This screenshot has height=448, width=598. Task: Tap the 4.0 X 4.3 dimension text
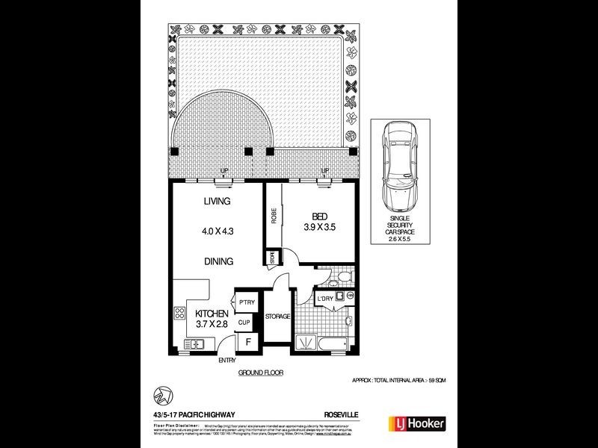point(218,231)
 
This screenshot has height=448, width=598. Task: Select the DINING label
point(218,261)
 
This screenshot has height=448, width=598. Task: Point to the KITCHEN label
point(212,314)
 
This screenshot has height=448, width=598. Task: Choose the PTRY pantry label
point(247,302)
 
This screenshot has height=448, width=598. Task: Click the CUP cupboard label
point(244,323)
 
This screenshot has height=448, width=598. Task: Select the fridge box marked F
point(247,343)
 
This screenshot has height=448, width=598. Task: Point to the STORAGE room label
point(277,317)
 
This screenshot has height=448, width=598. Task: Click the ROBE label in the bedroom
point(274,217)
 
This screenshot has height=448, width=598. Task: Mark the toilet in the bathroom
point(339,279)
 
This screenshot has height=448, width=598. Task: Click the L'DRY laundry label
point(325,299)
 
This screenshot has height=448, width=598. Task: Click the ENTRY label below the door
point(227,361)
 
